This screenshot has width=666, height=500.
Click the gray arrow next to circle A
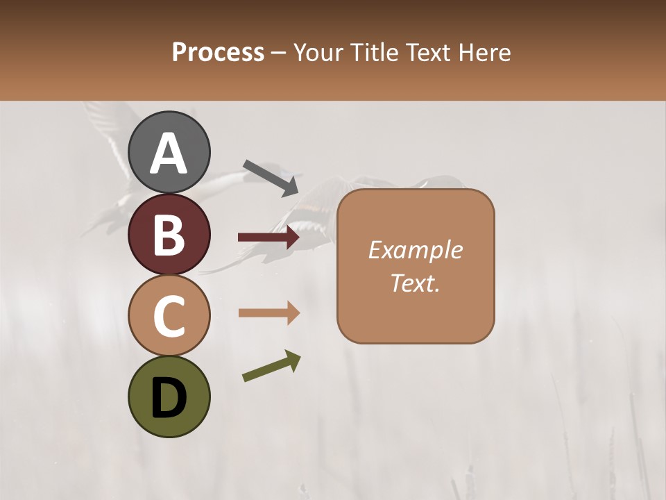[271, 178]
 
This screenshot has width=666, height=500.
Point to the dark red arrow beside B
[268, 237]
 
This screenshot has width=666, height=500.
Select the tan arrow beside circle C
[268, 313]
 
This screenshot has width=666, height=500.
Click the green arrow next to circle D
[271, 366]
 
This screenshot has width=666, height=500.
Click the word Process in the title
[218, 52]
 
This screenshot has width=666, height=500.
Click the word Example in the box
[415, 250]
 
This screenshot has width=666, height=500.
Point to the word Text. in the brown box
[415, 283]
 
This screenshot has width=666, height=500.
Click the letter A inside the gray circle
[169, 153]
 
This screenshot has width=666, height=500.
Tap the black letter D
[169, 398]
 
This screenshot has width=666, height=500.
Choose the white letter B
[169, 234]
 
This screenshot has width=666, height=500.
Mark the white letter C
[169, 316]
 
